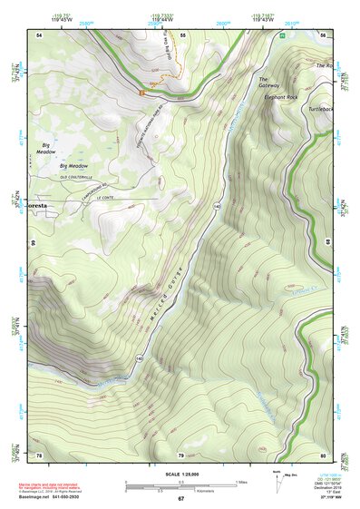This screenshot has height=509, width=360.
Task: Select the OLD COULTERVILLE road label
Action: (77, 177)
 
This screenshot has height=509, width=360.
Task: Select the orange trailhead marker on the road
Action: (141, 91)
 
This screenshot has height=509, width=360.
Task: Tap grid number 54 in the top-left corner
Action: (39, 34)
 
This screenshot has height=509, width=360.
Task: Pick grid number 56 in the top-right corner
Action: (323, 34)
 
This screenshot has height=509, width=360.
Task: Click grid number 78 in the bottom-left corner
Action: (39, 455)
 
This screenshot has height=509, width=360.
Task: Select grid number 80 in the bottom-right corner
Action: (323, 455)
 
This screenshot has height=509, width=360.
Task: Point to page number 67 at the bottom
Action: (180, 498)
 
